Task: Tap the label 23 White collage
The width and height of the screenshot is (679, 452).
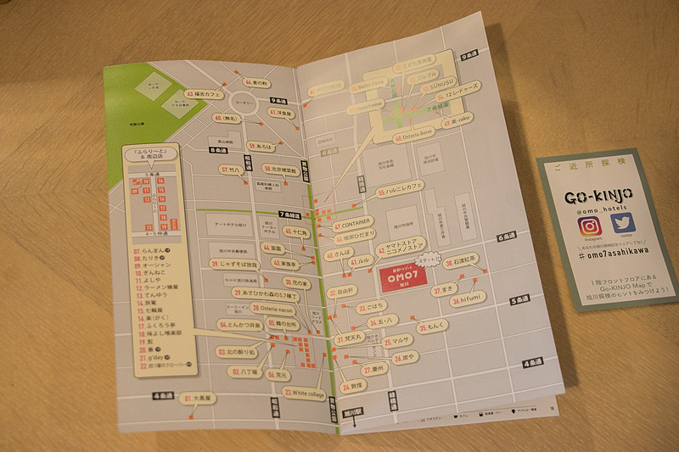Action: point(305,393)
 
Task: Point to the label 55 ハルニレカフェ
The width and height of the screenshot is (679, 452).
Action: point(401,191)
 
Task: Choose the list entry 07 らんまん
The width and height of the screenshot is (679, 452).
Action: point(153,251)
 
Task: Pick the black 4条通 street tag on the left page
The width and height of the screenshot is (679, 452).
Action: point(160,395)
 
